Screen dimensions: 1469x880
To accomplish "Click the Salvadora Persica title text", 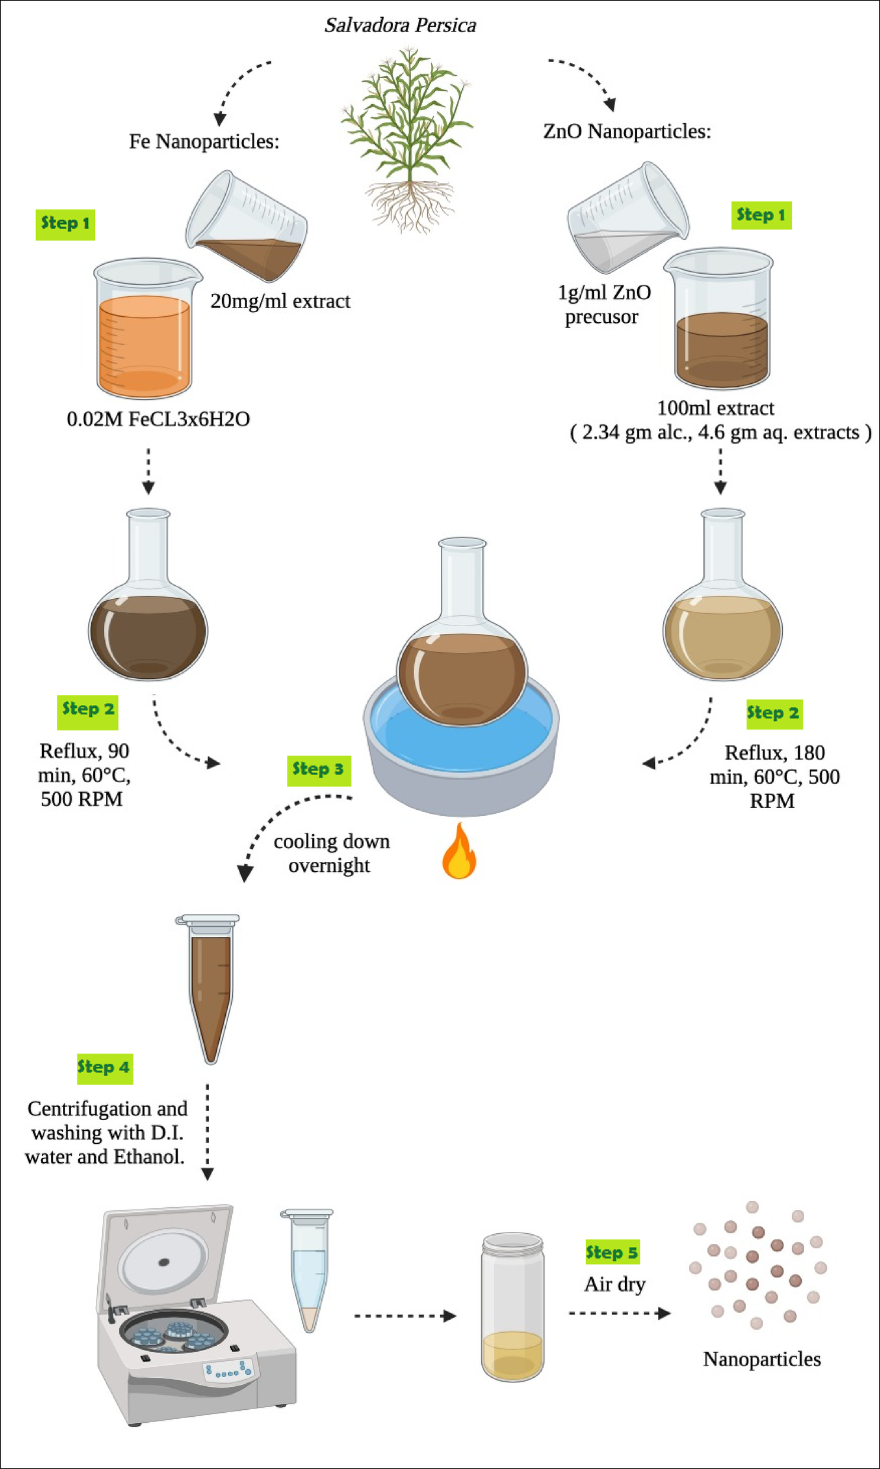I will pos(400,25).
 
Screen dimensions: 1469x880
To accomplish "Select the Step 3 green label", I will pos(318,770).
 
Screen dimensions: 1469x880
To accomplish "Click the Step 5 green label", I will pos(612,1252).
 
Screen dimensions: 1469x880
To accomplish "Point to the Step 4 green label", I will pos(104,1067).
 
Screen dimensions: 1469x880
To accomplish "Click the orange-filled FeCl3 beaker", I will pos(145,332).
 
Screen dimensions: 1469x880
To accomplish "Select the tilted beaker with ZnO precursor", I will pos(627,219).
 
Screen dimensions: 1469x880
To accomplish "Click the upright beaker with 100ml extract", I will pos(721,320).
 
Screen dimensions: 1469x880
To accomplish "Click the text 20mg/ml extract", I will pos(280,302).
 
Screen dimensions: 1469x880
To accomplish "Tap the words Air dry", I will pos(615,1284).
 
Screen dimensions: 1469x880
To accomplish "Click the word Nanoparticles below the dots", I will pos(761,1359).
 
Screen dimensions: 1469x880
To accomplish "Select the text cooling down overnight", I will pos(331,854).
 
